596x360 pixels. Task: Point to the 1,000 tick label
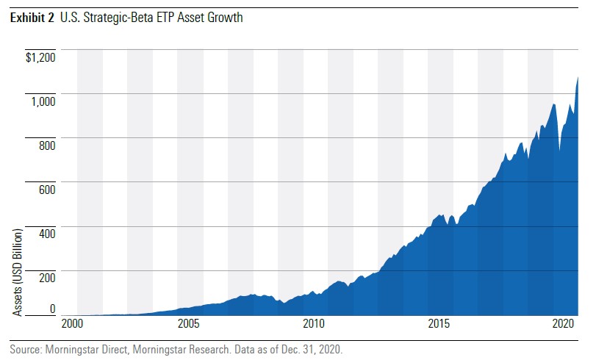tap(43, 101)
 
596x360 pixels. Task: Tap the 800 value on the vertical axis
tap(46, 145)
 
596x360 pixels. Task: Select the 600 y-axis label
tap(46, 190)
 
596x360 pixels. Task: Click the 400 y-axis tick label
tap(46, 234)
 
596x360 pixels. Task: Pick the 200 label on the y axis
tap(46, 278)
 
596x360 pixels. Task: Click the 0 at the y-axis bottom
tap(51, 309)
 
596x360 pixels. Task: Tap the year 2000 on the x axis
tap(72, 324)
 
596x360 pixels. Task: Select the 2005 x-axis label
tap(189, 324)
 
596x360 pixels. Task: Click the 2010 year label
tap(314, 324)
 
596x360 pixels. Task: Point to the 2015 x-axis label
tap(439, 324)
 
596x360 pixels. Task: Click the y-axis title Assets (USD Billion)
tap(18, 273)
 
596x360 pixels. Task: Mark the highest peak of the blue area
tap(578, 76)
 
